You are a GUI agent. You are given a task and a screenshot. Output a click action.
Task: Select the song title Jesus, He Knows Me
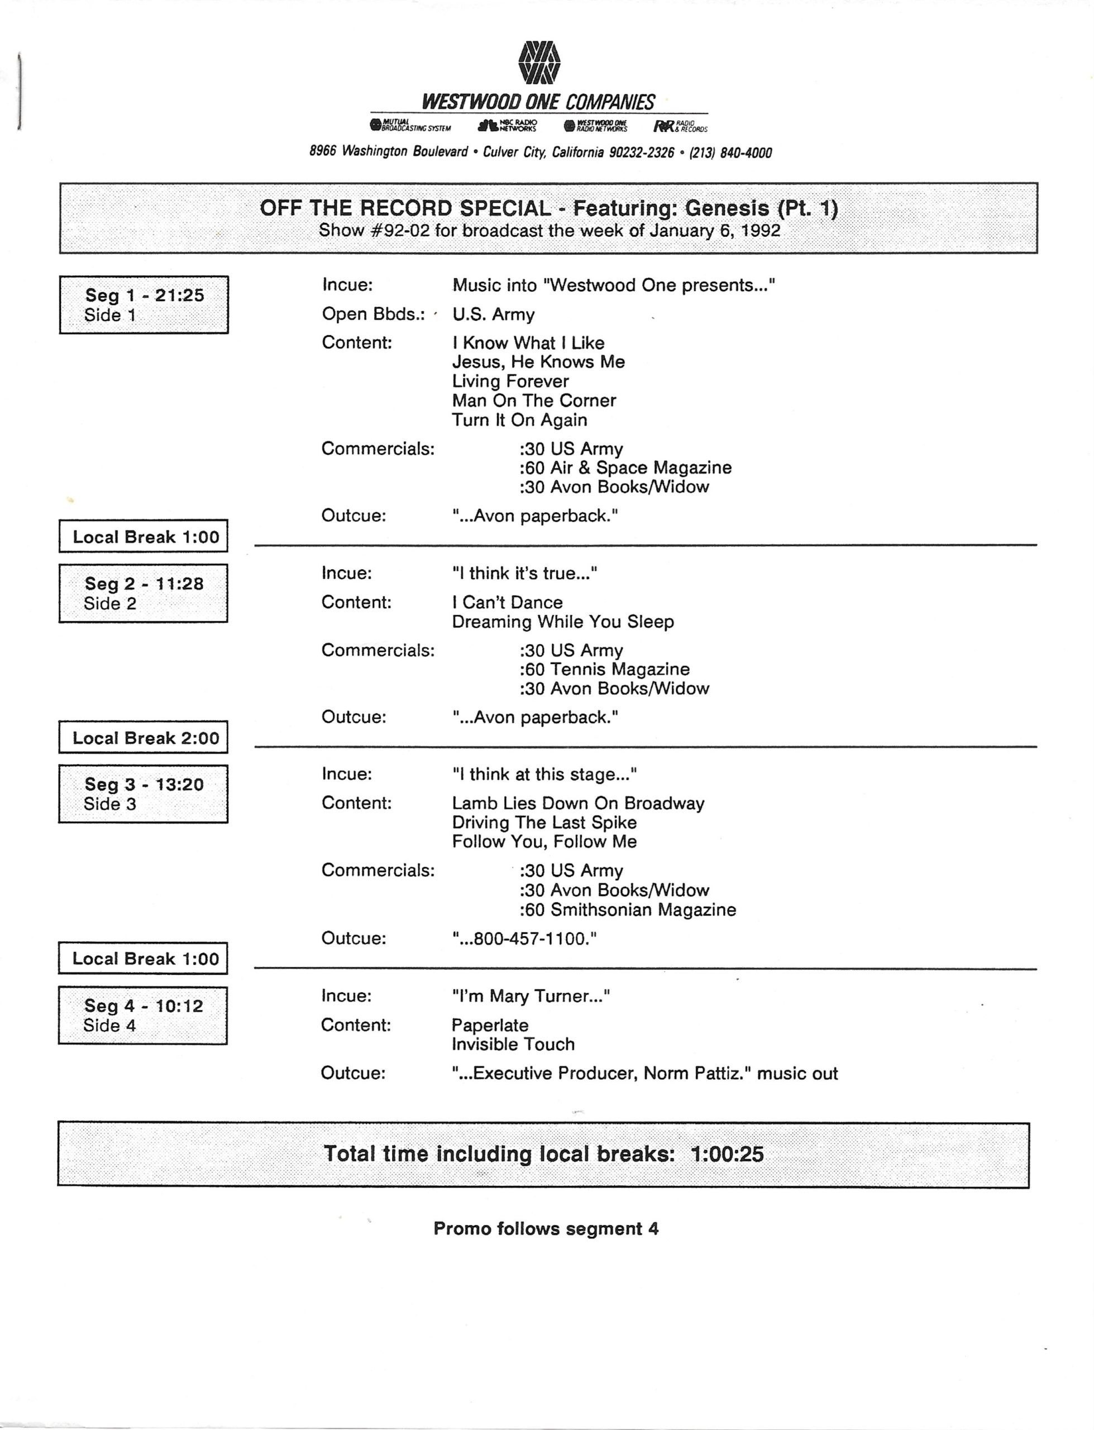(538, 362)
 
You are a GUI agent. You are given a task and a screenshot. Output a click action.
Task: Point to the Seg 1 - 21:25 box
(144, 305)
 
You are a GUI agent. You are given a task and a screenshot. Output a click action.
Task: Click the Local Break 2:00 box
(144, 738)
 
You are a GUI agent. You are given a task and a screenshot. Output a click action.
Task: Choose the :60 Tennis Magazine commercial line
(604, 669)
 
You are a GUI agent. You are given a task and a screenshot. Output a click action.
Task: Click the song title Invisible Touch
(513, 1044)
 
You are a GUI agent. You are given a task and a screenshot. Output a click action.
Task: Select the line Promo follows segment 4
(546, 1229)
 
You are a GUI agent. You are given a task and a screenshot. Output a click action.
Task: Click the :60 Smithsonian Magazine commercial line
(627, 910)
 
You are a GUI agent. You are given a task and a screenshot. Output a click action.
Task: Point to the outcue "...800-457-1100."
(524, 939)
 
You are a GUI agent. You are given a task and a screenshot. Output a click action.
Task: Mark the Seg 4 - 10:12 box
(144, 1015)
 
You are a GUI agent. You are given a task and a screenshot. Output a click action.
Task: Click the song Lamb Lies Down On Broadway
(577, 804)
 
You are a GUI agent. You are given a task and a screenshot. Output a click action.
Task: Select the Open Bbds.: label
(373, 314)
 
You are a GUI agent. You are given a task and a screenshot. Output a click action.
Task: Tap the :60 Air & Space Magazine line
(625, 468)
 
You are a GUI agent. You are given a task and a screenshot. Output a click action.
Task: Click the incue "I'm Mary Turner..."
(531, 997)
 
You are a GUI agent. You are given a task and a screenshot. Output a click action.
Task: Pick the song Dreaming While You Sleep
(562, 622)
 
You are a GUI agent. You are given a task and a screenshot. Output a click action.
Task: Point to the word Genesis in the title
(727, 208)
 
